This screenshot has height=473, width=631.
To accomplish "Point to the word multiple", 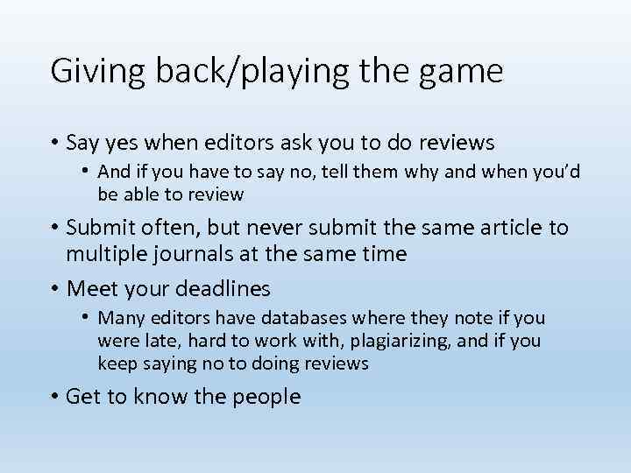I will click(109, 254).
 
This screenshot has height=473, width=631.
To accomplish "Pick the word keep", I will click(116, 364).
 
